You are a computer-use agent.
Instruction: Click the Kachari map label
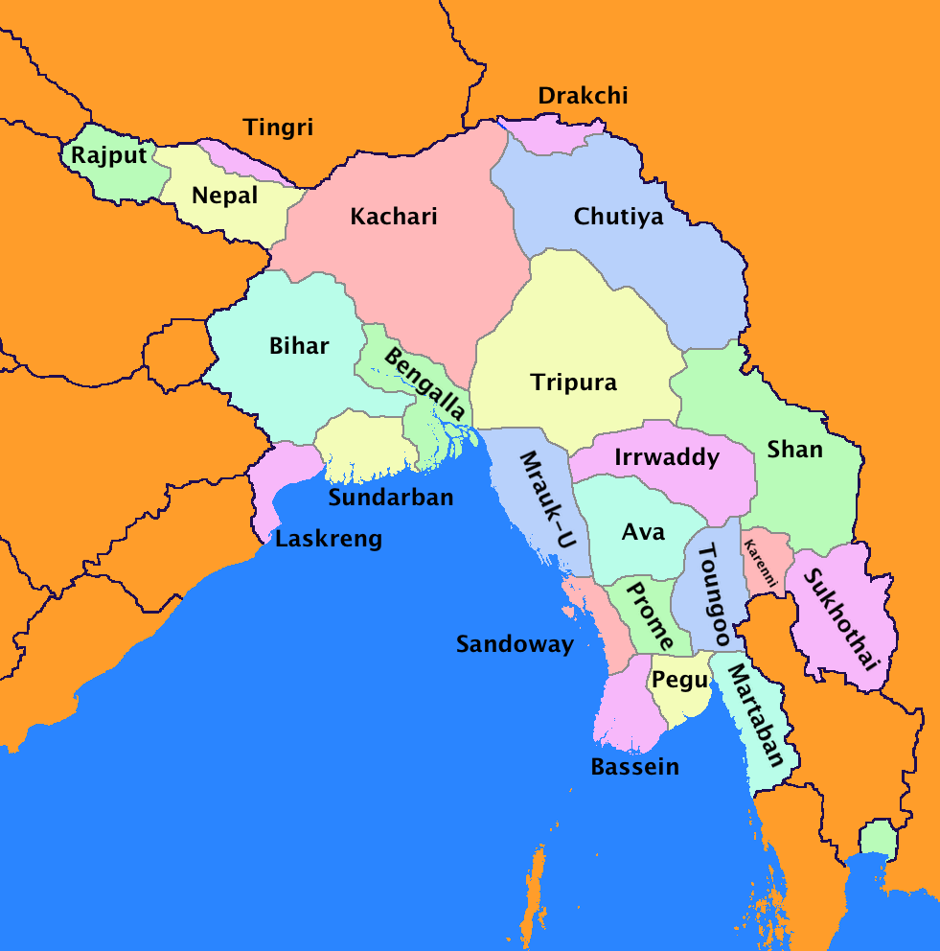coord(393,217)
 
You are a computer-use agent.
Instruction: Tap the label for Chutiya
coord(618,217)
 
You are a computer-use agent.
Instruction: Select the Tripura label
coord(573,383)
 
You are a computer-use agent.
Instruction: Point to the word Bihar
coord(299,347)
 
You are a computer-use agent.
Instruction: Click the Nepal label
coord(224,196)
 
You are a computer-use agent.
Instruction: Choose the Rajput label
coord(108,155)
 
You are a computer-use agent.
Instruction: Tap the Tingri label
coord(278,128)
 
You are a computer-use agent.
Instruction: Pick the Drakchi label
coord(583,96)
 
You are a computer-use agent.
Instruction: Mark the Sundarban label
coord(391,498)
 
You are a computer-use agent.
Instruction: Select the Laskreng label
coord(328,539)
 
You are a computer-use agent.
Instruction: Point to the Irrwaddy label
coord(667,457)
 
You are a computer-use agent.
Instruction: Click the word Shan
coord(795,449)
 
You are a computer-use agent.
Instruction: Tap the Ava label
coord(643,532)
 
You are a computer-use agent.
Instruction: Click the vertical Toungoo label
coord(715,595)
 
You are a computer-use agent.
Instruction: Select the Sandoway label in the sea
coord(515,644)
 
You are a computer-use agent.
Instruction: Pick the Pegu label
coord(679,681)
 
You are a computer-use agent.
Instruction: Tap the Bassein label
coord(634,767)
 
